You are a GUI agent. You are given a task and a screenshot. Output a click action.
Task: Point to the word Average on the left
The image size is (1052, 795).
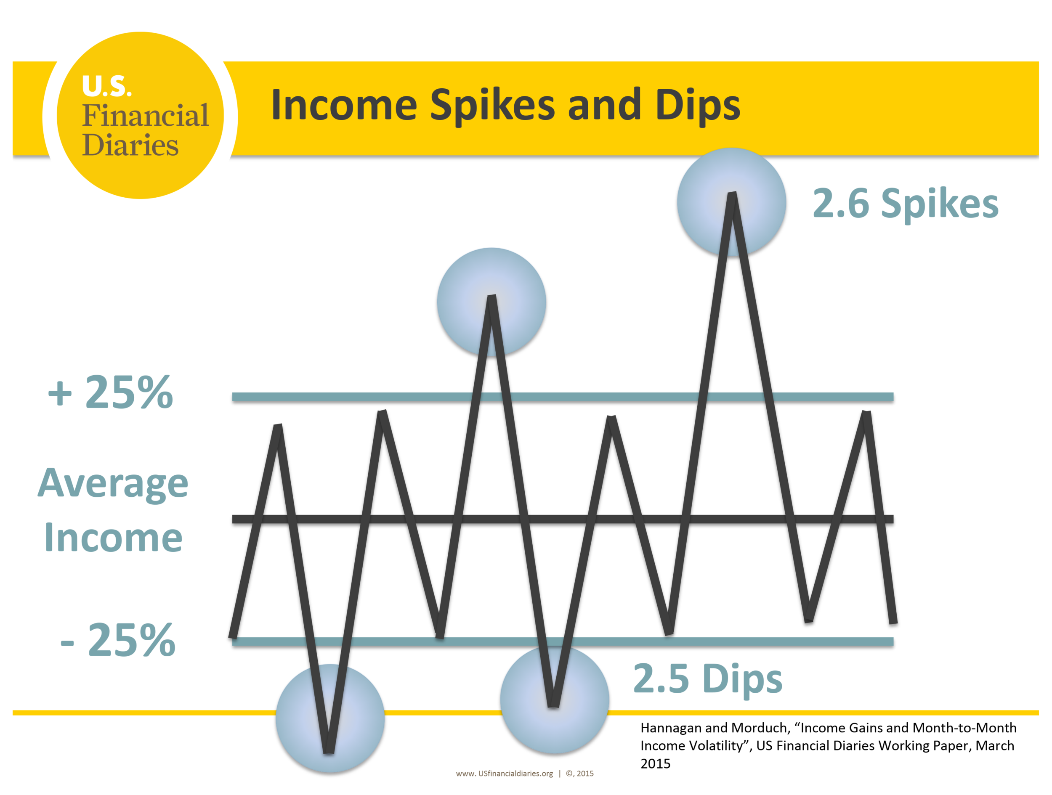(113, 484)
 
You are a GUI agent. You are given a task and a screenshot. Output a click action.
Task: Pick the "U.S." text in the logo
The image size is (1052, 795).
(106, 86)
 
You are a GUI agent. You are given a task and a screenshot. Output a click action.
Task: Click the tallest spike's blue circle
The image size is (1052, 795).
(731, 202)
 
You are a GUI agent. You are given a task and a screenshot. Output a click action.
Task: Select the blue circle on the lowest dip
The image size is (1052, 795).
(330, 718)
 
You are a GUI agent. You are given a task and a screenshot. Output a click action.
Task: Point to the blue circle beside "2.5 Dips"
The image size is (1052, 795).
(555, 700)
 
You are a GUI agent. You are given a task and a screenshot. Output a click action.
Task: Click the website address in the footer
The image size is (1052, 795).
(504, 774)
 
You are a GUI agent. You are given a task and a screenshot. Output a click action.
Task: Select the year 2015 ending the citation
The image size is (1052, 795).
(655, 763)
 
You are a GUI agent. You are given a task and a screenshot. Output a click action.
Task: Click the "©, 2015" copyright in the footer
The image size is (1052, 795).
(580, 774)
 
